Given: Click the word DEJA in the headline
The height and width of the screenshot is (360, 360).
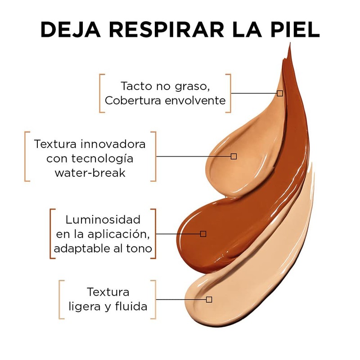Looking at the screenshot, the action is click(x=71, y=29).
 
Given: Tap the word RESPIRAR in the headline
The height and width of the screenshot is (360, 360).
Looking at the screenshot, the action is click(x=166, y=29).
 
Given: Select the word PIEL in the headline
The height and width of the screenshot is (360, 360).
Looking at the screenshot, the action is click(x=295, y=29).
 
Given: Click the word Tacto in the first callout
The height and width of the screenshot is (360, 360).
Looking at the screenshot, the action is click(x=137, y=86).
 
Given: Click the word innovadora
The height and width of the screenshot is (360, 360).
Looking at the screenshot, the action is click(x=113, y=144).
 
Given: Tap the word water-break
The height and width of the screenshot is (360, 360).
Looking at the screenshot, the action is click(x=90, y=173).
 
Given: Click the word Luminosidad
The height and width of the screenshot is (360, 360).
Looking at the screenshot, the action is click(x=103, y=220).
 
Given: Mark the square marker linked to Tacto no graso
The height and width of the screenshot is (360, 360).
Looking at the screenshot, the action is click(x=279, y=93).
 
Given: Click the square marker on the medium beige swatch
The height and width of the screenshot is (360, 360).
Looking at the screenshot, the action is click(x=234, y=156).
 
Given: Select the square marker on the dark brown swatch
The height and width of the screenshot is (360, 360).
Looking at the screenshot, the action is click(x=203, y=234).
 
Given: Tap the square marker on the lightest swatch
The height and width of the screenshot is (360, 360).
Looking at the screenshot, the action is click(x=209, y=299).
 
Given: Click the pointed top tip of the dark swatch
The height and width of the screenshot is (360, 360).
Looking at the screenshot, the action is click(x=290, y=43).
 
